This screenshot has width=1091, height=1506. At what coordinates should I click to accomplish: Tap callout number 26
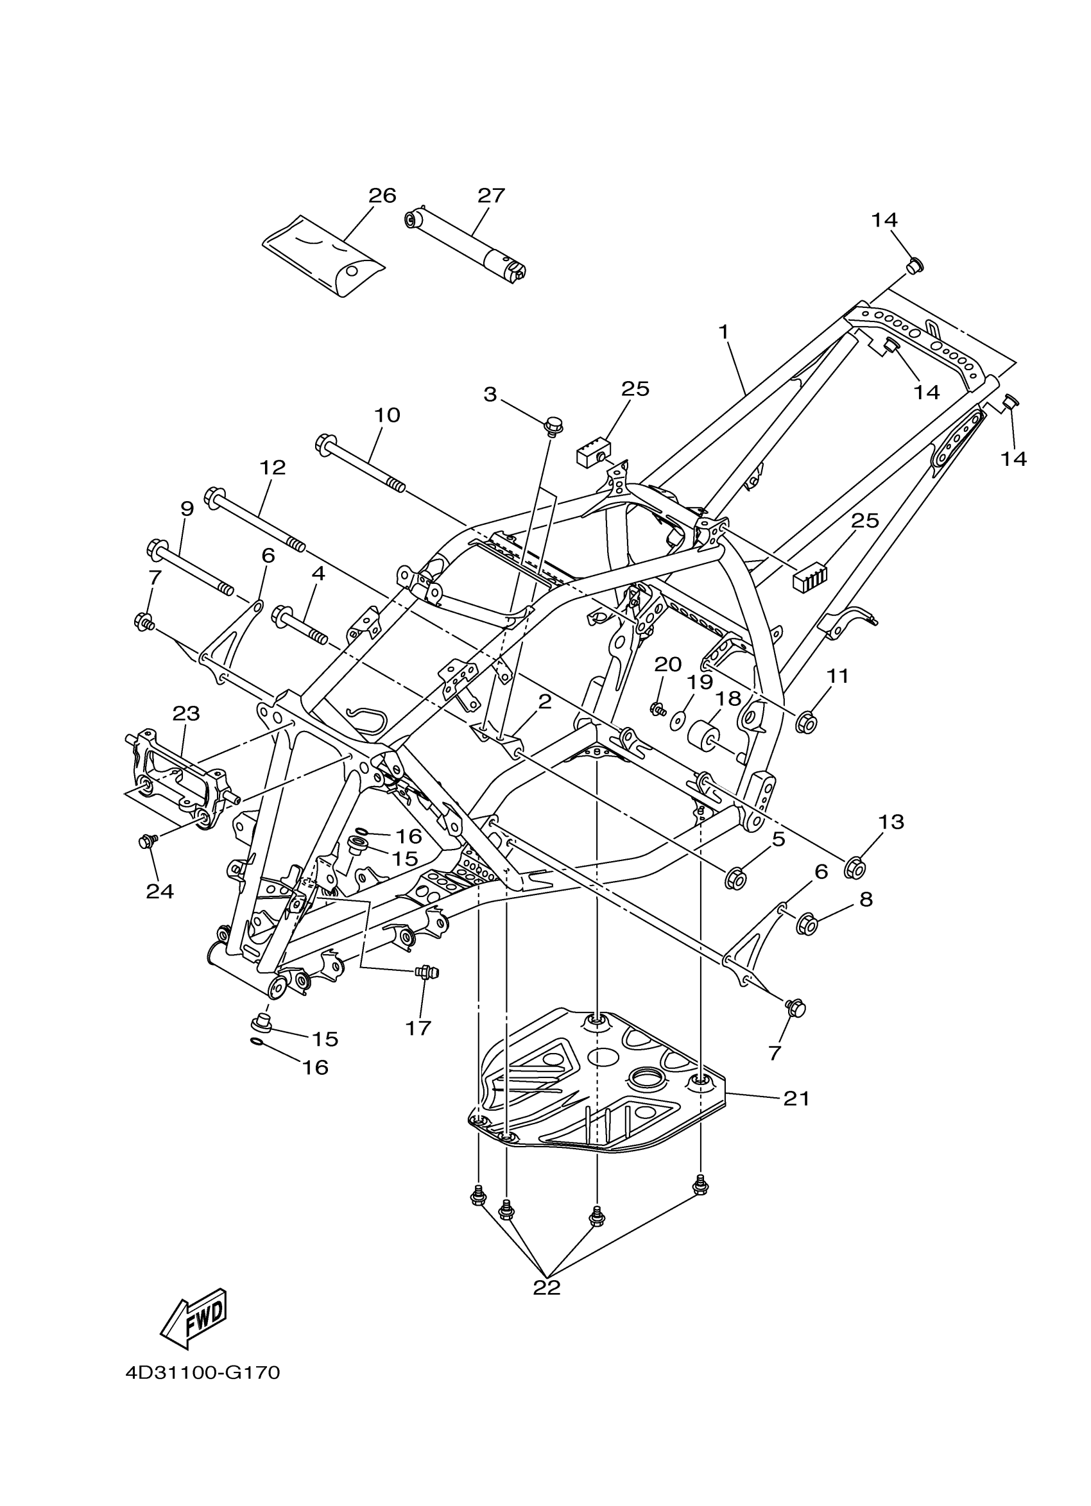(x=382, y=195)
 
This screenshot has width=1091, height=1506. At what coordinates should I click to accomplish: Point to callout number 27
(x=492, y=195)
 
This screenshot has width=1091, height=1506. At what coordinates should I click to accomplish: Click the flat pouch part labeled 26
(x=324, y=254)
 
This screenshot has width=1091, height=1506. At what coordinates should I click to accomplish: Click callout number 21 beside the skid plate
(x=796, y=1099)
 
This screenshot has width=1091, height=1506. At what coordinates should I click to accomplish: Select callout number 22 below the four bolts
(x=547, y=1287)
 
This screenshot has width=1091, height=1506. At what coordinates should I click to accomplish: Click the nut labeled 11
(x=805, y=721)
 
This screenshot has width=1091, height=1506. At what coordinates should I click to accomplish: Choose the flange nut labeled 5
(x=735, y=879)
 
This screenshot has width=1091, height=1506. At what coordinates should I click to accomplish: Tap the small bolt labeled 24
(x=146, y=842)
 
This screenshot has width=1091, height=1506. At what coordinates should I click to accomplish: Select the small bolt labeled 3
(x=551, y=422)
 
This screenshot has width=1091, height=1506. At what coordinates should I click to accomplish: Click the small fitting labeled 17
(x=422, y=972)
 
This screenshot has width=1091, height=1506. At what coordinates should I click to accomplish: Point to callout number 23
(x=186, y=713)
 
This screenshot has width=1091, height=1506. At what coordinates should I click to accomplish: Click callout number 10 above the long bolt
(x=387, y=415)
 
